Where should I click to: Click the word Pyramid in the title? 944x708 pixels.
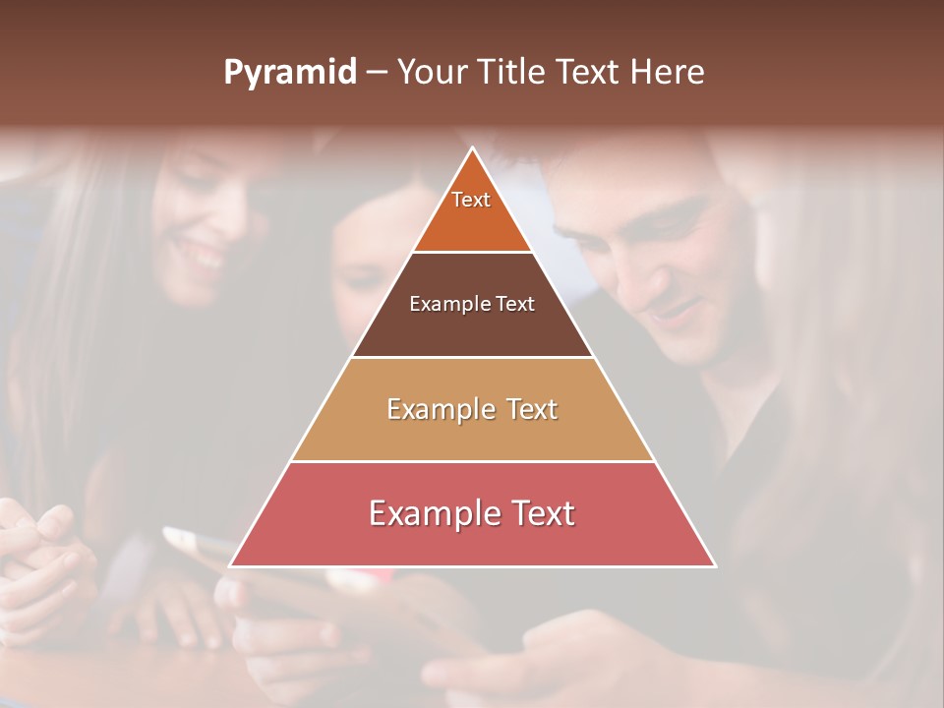click(289, 73)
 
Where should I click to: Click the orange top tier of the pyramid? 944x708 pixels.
click(472, 221)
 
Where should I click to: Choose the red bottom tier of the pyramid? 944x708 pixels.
click(472, 536)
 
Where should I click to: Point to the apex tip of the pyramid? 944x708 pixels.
click(473, 149)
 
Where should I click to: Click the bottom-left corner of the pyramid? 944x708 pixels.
click(232, 565)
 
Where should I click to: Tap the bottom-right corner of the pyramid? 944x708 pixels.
click(714, 565)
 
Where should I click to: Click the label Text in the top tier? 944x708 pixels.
click(471, 200)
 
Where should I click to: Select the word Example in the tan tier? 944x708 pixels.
click(435, 409)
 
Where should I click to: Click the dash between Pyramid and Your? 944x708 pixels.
click(377, 73)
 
